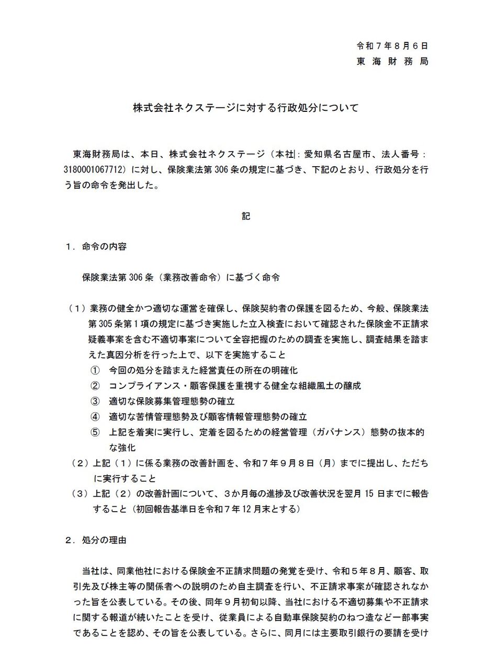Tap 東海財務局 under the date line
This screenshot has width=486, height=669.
392,61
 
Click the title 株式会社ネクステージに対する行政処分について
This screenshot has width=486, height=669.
245,108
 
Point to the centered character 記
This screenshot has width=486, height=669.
246,215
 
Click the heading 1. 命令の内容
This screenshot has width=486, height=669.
96,246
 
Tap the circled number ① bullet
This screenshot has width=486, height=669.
95,370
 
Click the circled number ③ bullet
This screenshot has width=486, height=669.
95,401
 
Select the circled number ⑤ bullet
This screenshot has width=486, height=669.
95,432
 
